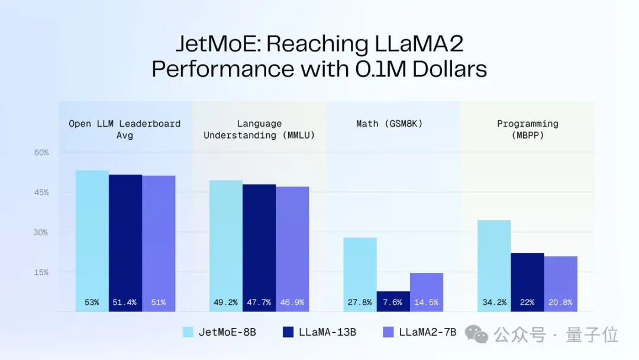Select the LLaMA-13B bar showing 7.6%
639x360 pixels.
pos(393,301)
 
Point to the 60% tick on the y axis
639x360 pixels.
pos(41,153)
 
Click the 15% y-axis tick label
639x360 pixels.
pos(41,272)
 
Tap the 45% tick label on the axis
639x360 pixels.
pos(41,192)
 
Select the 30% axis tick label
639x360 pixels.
pos(41,232)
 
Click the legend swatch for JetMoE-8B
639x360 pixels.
pos(188,332)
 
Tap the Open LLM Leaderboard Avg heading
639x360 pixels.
pos(125,129)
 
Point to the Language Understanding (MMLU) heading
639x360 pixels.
pos(259,129)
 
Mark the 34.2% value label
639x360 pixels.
pos(494,303)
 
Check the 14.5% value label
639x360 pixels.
pos(426,303)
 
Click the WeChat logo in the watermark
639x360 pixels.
pos(476,335)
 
